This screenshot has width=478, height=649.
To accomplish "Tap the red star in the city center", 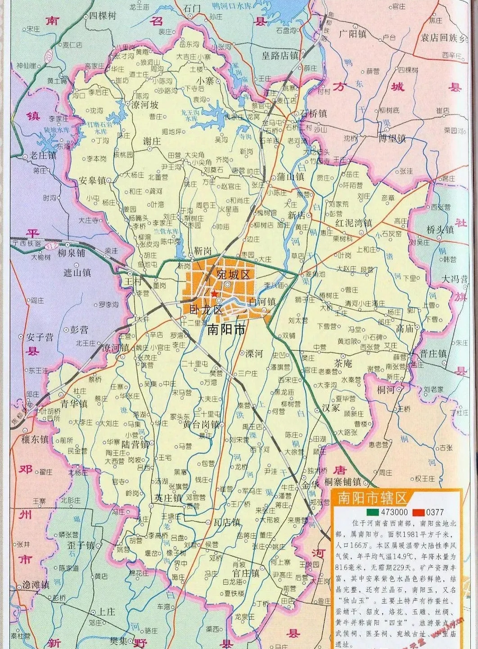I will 215,294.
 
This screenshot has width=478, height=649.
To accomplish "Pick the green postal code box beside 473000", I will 372,512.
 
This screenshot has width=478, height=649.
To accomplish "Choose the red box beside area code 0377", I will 418,512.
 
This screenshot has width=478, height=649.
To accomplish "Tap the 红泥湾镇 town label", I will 353,223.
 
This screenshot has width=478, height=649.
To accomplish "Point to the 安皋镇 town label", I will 92,180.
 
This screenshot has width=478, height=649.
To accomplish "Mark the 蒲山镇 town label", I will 290,176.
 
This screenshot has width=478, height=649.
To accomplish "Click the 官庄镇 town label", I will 245,573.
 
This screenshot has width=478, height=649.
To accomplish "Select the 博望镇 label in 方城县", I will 392,138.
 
